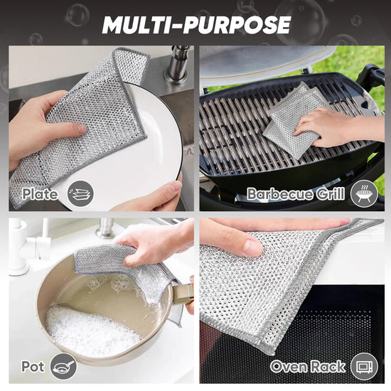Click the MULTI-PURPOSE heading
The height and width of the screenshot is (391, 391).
coord(196,25)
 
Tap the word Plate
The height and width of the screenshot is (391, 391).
coord(40,194)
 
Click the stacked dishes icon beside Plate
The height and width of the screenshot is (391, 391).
coord(80,193)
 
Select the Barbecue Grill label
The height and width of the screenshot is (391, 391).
coord(296,194)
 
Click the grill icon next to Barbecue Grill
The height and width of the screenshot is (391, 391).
coord(364,193)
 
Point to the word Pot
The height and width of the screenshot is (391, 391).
coord(33,367)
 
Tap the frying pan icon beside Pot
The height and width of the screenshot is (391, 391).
coord(63,367)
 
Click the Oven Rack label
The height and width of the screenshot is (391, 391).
coord(308,367)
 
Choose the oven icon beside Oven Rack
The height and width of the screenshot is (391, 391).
coord(364,367)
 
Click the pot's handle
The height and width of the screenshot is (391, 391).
coord(183,294)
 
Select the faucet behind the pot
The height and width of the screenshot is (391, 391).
coord(105,228)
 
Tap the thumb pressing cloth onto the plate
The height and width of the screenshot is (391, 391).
coord(70,129)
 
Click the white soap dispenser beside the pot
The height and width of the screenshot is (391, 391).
coord(18,247)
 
